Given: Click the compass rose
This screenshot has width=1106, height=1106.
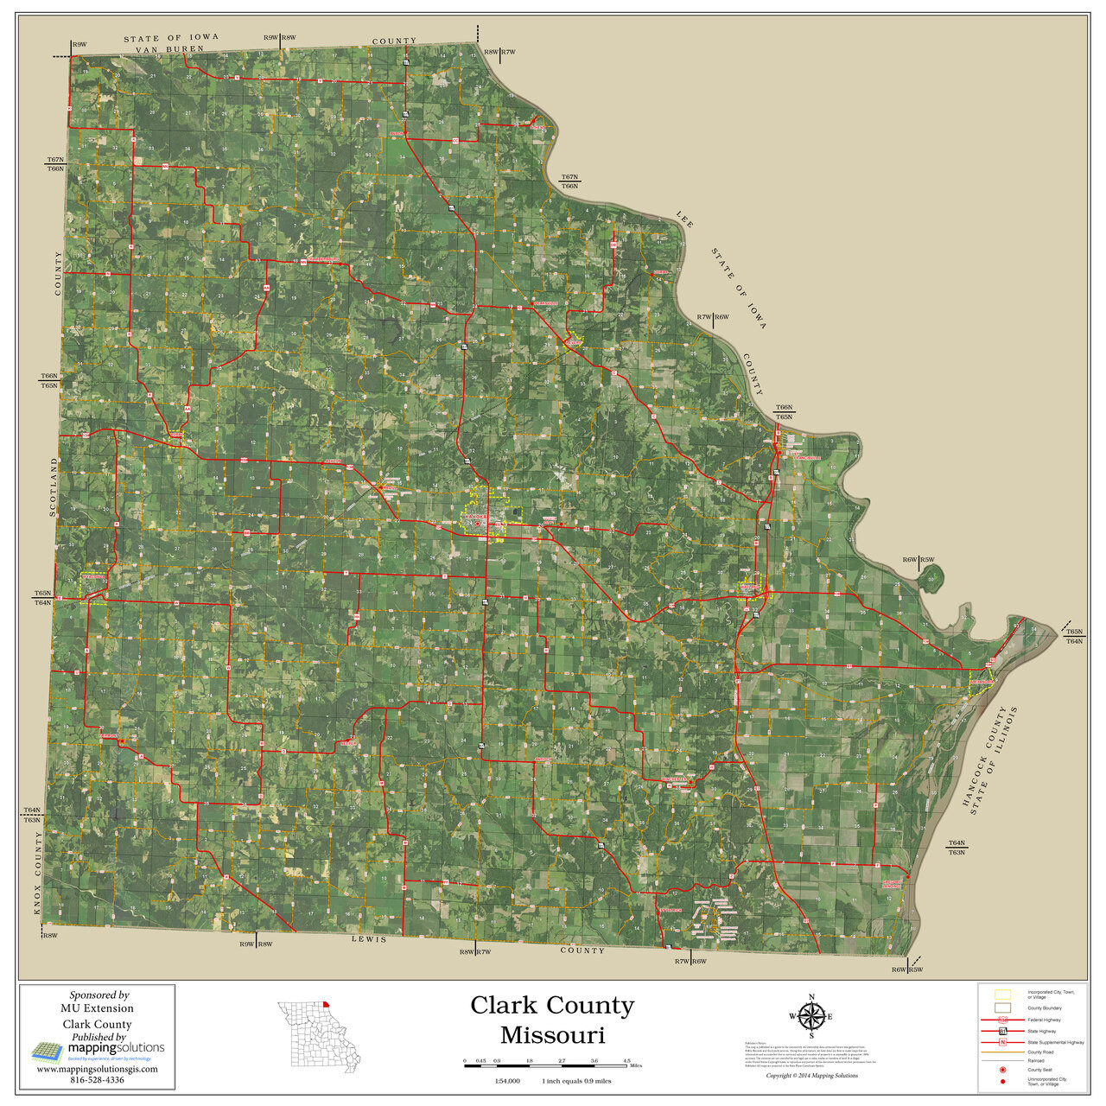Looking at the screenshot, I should [810, 1016].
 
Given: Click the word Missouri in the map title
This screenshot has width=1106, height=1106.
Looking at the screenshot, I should [552, 1034].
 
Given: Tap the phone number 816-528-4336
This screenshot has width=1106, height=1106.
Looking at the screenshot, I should [97, 1079].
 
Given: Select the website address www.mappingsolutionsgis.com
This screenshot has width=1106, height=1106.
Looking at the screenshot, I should [97, 1069].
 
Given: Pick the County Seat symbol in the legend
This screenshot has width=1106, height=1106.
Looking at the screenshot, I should [1002, 1070].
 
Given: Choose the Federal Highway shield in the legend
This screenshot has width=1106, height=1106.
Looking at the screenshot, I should [1002, 1020].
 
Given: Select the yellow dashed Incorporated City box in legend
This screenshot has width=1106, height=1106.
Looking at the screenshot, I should [1002, 995].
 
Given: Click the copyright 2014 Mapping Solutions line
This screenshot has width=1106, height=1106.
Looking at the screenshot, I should [812, 1076].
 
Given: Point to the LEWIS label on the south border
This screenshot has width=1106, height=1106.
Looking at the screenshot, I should [370, 939].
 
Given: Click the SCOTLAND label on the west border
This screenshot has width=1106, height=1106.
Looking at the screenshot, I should [53, 487].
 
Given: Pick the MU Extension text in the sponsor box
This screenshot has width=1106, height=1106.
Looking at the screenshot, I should [97, 1008].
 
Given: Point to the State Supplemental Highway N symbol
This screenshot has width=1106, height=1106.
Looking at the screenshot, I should [1002, 1043].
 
